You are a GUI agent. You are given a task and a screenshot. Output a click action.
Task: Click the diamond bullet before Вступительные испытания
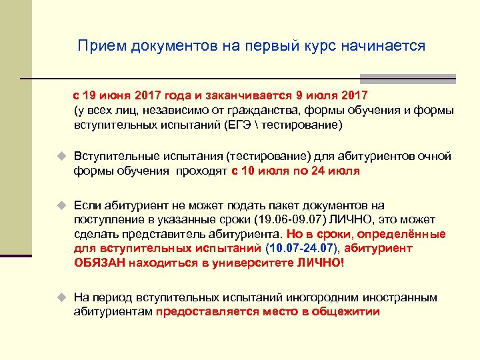[61, 156]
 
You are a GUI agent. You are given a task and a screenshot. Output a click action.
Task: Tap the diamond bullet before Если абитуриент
[61, 205]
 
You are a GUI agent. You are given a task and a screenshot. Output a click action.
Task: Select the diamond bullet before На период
[61, 297]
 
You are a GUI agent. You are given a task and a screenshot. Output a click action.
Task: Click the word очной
[435, 156]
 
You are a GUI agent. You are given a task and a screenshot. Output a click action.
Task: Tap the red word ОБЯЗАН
[99, 263]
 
